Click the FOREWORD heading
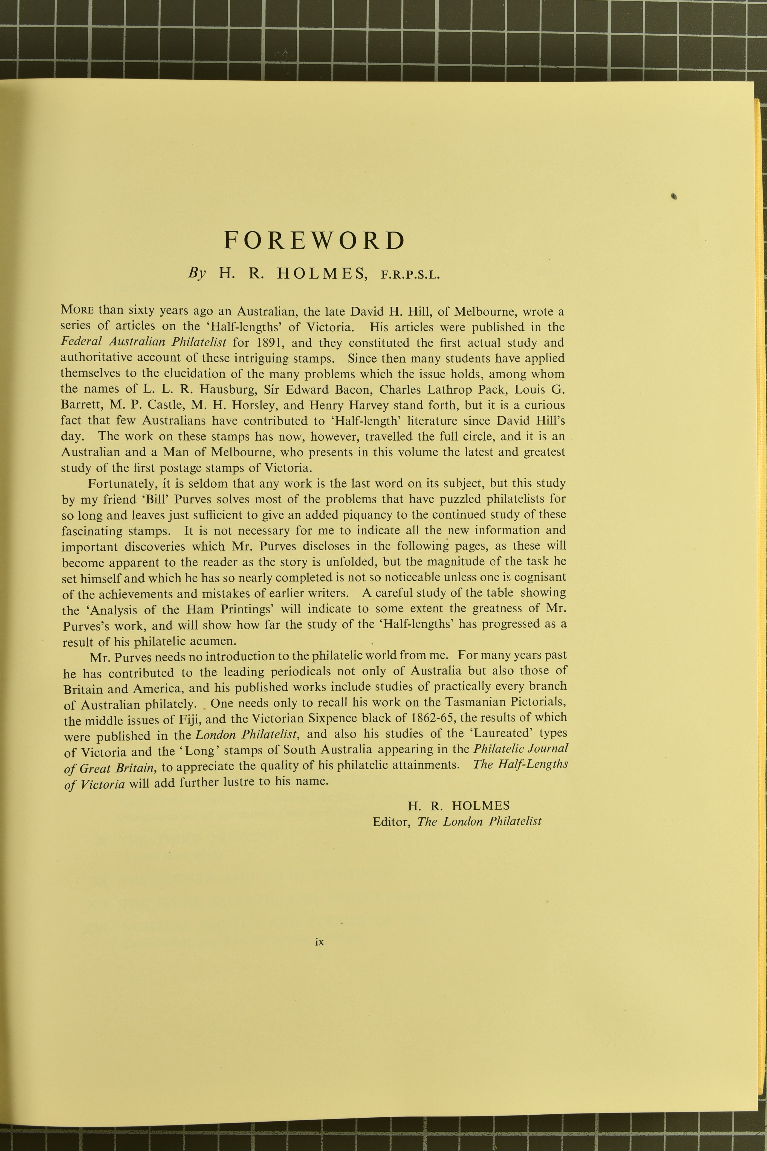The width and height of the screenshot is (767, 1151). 315,240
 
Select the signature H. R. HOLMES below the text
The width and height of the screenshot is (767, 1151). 458,805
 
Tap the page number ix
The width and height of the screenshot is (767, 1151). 319,942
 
